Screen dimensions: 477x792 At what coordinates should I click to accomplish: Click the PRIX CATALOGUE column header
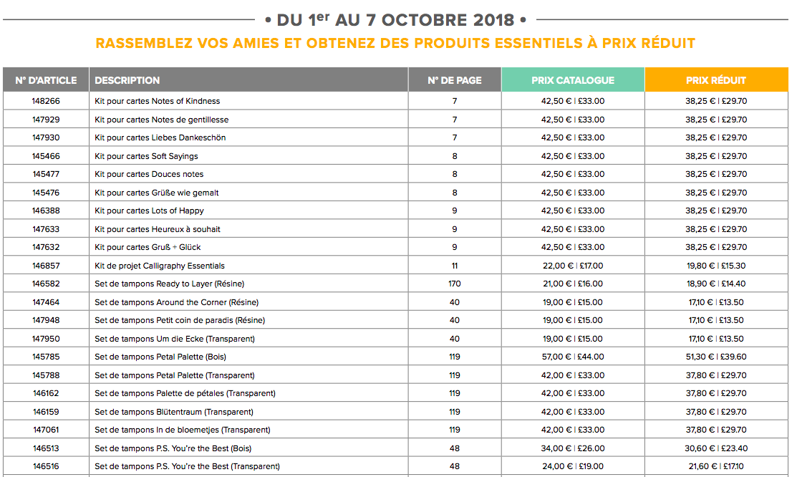pos(573,80)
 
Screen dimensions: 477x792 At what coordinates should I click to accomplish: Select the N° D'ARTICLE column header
pos(46,80)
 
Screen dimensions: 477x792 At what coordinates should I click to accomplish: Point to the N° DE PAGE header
pos(454,80)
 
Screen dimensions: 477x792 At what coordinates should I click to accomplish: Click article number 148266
pos(46,101)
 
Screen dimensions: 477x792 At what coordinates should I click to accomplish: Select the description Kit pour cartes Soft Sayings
pos(146,156)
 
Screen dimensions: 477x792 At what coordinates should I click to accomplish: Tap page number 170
pos(454,284)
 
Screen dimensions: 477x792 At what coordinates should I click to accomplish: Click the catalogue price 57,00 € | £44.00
pos(572,357)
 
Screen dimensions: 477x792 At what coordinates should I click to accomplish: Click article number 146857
pos(46,266)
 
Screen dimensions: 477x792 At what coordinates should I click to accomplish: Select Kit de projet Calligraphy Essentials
pos(160,266)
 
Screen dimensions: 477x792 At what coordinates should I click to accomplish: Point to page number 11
pos(454,266)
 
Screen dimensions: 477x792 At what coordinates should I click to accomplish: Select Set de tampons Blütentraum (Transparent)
pos(174,412)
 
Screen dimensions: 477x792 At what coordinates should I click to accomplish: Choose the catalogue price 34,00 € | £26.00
pos(572,448)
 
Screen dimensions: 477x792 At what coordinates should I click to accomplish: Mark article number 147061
pos(46,430)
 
